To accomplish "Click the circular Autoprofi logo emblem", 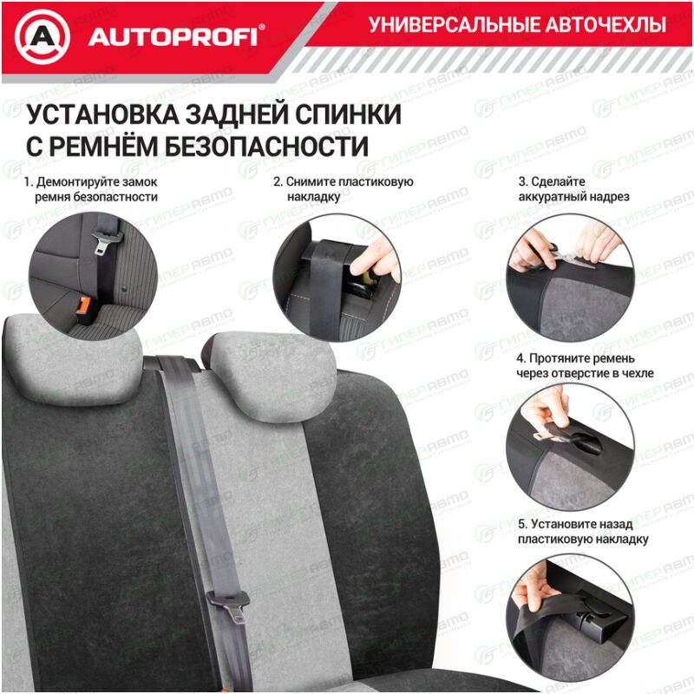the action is (x=43, y=36).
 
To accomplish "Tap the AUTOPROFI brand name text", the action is (x=173, y=37).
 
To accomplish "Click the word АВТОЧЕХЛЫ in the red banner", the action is (x=606, y=25).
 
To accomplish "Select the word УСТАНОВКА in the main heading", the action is (x=102, y=115).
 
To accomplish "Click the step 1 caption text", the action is (x=91, y=189).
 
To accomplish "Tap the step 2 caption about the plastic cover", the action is (x=344, y=189).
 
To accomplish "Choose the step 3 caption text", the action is (x=573, y=189).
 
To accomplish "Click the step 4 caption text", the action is (x=585, y=365).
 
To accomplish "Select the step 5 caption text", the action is (x=583, y=532).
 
